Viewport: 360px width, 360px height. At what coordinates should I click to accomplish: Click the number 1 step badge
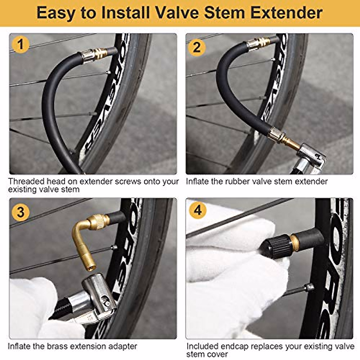coord(20,45)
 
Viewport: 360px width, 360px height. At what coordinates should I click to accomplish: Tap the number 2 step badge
coord(196,47)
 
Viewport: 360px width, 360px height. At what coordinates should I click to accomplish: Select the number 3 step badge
coord(20,212)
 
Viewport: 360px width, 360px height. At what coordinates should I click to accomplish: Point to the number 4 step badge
coord(198,210)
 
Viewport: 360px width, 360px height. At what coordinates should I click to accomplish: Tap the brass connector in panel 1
coord(94,55)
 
